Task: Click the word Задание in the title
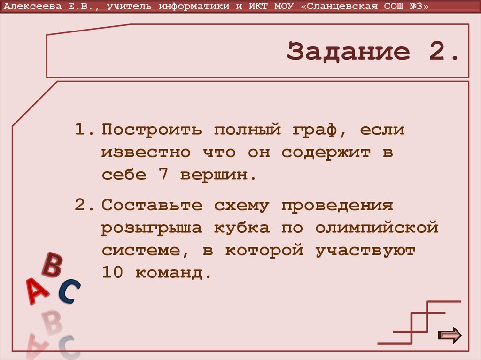(x=348, y=52)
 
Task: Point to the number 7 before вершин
(x=157, y=175)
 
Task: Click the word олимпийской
(x=377, y=228)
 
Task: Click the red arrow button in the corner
(x=450, y=335)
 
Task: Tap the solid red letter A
(x=37, y=291)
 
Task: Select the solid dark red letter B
(x=52, y=265)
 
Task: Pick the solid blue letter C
(x=69, y=291)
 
